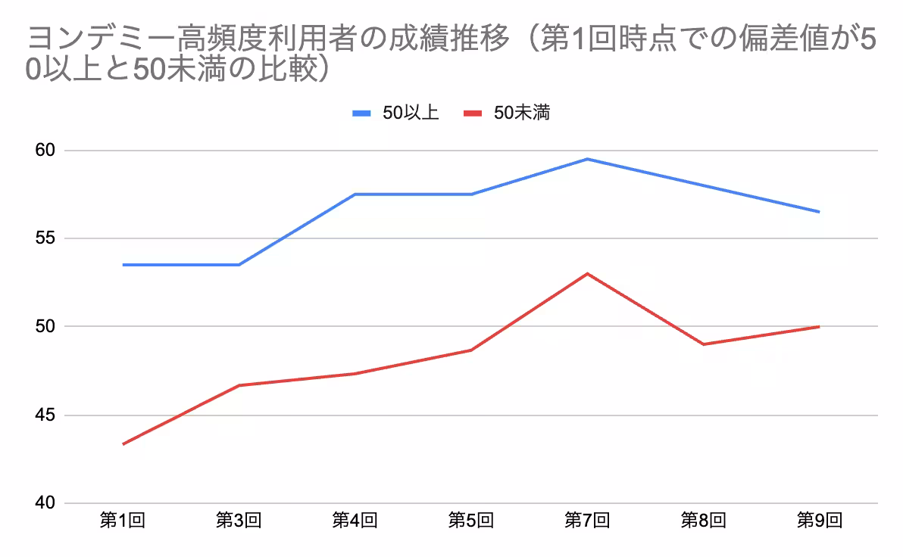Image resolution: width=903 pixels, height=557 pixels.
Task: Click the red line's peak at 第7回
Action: coord(587,273)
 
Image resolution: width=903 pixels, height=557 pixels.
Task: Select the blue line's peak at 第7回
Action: coord(587,159)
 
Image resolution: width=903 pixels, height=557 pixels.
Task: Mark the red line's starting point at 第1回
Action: coord(123,444)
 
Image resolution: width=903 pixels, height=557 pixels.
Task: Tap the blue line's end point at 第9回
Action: coord(819,212)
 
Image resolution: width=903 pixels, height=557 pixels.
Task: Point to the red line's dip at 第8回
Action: coord(703,344)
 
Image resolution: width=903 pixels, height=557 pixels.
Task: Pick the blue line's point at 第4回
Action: coord(355,194)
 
